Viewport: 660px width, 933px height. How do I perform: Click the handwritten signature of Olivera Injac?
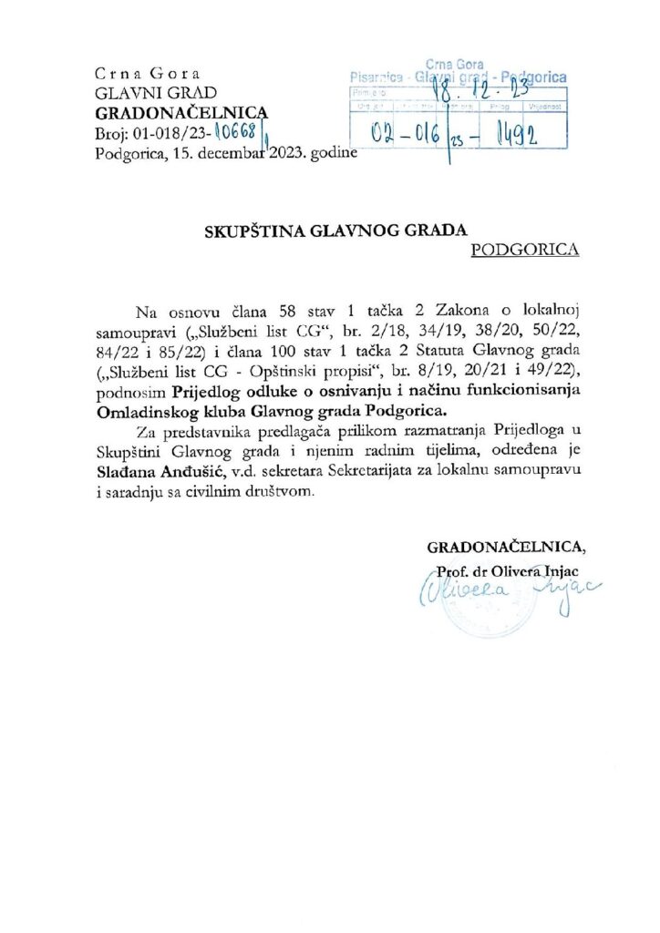coord(510,593)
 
